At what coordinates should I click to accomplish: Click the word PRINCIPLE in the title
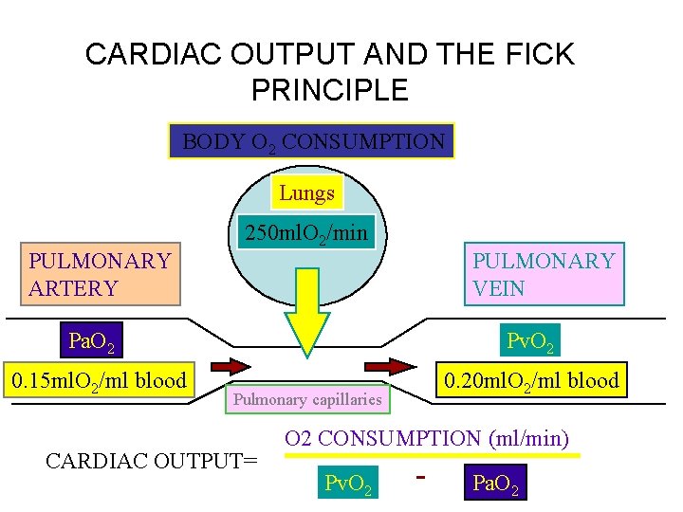[x=329, y=90]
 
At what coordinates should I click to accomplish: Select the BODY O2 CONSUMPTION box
[x=312, y=141]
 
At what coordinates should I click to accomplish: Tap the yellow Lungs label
[x=306, y=193]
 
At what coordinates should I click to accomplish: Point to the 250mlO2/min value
[x=306, y=231]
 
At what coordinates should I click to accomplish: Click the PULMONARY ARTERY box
[x=100, y=275]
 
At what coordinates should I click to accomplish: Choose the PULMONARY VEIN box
[x=544, y=275]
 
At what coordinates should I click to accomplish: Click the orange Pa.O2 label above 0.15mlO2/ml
[x=93, y=339]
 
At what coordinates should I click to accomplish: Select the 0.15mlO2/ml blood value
[x=98, y=381]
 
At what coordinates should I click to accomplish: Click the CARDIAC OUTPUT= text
[x=152, y=462]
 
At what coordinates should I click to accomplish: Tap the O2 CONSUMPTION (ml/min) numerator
[x=427, y=438]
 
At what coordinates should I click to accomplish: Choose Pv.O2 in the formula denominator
[x=348, y=484]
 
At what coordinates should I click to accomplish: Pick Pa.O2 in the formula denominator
[x=493, y=484]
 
